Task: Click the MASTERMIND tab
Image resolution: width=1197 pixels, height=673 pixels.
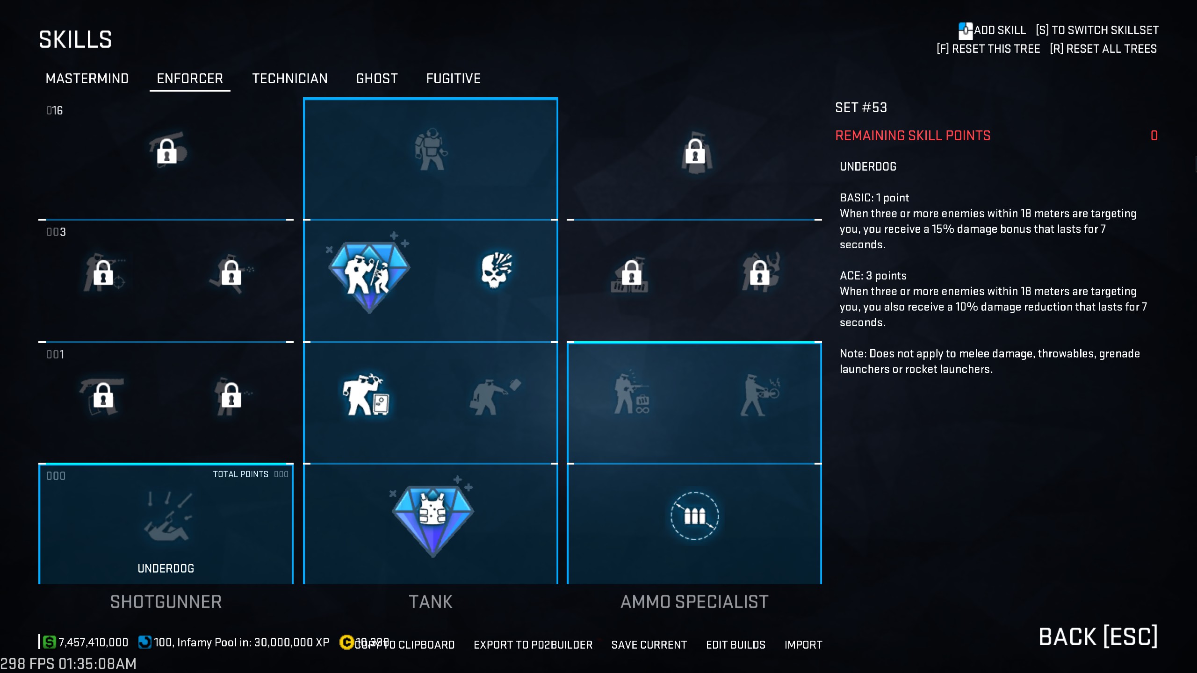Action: [x=87, y=79]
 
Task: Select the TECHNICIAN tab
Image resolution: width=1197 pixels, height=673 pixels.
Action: [x=289, y=79]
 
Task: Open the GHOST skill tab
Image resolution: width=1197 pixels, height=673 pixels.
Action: [x=377, y=79]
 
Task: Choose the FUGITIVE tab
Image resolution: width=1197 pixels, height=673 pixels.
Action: [x=453, y=79]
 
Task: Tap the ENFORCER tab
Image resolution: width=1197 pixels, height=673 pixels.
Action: [x=190, y=79]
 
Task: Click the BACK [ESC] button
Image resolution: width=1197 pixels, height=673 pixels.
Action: [x=1098, y=637]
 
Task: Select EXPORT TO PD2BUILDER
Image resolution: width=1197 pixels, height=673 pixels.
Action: [x=533, y=645]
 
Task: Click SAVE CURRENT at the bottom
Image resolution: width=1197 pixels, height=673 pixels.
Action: [x=649, y=645]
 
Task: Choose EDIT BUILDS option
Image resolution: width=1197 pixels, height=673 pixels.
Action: [x=736, y=645]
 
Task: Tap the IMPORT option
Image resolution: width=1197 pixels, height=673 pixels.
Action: [x=803, y=645]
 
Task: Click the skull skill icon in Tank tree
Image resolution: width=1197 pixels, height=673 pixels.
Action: [x=496, y=270]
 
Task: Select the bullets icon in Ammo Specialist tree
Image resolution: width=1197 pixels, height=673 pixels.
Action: [x=694, y=516]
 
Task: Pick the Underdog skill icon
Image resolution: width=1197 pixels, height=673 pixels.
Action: [x=166, y=517]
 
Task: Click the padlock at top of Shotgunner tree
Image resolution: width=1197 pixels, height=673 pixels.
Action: [x=166, y=151]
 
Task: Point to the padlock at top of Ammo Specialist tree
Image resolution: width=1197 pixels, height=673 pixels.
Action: [x=695, y=152]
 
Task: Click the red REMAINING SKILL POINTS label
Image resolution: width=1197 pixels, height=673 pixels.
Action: [x=913, y=136]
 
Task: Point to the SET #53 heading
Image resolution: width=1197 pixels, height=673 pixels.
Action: [x=861, y=107]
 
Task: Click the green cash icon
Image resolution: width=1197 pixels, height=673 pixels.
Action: [x=49, y=642]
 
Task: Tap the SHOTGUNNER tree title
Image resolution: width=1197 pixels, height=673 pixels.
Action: [x=166, y=602]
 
